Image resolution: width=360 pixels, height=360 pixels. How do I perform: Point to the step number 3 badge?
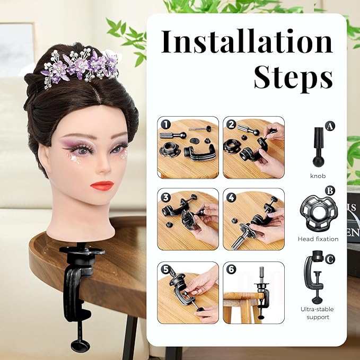tap(165, 197)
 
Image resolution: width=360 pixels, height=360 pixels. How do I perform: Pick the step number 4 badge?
tap(231, 197)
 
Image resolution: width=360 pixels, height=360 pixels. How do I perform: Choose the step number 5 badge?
tap(165, 270)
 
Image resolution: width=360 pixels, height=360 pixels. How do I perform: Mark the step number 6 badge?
tap(231, 270)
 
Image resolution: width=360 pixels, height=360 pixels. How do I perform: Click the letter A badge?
tap(330, 126)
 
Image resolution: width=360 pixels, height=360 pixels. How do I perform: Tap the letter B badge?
tap(330, 190)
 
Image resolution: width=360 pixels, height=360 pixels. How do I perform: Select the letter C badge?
tap(330, 259)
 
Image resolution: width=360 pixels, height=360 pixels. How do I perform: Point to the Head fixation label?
tap(318, 239)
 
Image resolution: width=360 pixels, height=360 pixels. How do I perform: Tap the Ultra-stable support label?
tap(318, 313)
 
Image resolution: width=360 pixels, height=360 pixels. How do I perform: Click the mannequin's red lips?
tap(102, 185)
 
